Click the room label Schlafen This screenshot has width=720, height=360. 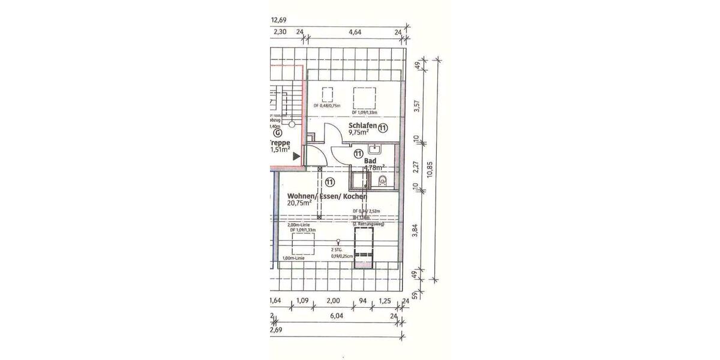362,126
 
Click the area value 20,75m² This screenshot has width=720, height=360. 299,204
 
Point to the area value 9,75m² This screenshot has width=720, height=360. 361,134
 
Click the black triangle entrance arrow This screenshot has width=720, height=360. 296,156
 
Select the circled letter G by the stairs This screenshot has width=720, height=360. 277,134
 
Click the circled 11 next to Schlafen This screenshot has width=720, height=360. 383,127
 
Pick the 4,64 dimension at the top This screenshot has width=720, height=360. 353,33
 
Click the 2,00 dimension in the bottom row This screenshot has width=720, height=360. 333,301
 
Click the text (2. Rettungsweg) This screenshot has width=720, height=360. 368,224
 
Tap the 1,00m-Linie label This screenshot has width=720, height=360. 293,259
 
